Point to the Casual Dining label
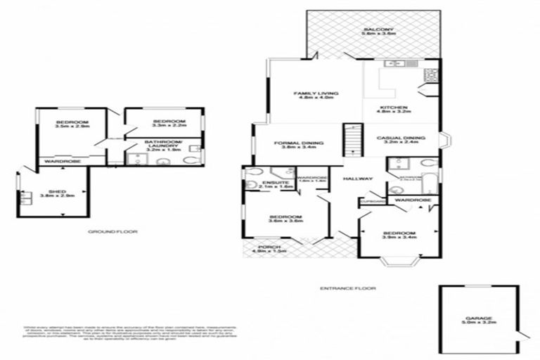[401, 139]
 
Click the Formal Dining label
[297, 145]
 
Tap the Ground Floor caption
[112, 231]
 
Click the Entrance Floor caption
[347, 288]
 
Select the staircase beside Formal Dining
[351, 139]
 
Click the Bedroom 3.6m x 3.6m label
[285, 219]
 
